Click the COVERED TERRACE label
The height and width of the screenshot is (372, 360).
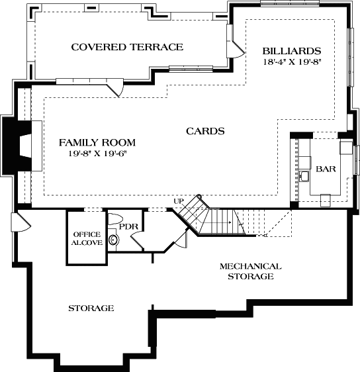pos(126,47)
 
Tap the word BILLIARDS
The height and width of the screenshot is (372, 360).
pos(291,51)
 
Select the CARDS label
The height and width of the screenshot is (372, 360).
pos(204,131)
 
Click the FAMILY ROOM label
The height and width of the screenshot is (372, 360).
pos(97,142)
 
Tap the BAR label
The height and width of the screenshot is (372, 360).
pos(325,169)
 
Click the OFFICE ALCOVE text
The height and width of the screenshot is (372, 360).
pos(87,238)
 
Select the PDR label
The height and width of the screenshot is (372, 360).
pos(128,226)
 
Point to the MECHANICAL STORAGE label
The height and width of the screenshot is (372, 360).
pos(250,271)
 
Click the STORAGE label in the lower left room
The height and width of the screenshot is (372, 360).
pos(91,308)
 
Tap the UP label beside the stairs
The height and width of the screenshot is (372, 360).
pos(179,201)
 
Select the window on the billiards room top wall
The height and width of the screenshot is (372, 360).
pos(291,3)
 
